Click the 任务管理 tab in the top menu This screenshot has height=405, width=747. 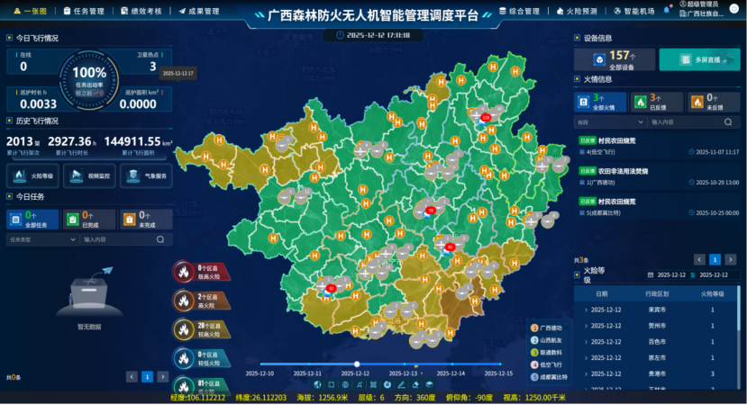(84, 12)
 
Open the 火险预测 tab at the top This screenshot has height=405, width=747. (581, 12)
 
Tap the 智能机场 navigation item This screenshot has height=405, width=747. (638, 12)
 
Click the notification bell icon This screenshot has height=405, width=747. (667, 11)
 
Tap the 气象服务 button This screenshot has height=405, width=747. (143, 176)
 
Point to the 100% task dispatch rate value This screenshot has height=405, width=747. (89, 72)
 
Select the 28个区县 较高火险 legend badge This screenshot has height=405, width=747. (201, 328)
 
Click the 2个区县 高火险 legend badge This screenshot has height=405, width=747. (201, 300)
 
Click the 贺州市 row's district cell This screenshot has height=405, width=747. (657, 325)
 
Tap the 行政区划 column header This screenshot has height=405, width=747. (657, 293)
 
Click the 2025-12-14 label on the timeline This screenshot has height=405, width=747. (451, 373)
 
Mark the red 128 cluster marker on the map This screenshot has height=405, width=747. (486, 117)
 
